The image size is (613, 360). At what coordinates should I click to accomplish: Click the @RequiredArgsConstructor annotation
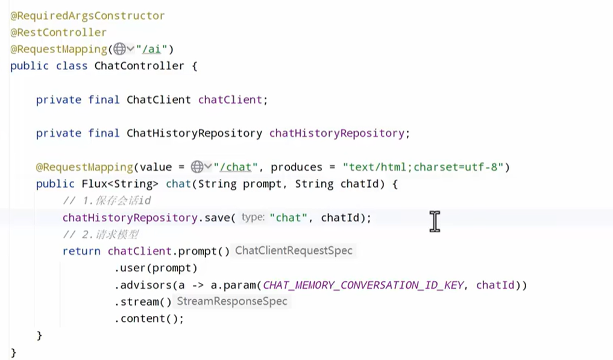pyautogui.click(x=87, y=16)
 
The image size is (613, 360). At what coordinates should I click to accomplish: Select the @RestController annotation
pyautogui.click(x=58, y=33)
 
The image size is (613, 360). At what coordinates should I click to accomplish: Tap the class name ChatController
pyautogui.click(x=139, y=66)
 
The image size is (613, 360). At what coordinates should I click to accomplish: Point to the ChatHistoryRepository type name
pyautogui.click(x=194, y=133)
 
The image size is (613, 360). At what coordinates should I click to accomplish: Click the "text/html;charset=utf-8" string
pyautogui.click(x=423, y=167)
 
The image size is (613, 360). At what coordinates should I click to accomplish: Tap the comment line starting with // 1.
pyautogui.click(x=106, y=201)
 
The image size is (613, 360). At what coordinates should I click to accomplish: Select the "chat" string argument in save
pyautogui.click(x=289, y=218)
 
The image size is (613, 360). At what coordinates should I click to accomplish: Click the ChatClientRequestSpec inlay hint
pyautogui.click(x=294, y=251)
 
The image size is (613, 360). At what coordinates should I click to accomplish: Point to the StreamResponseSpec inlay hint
pyautogui.click(x=232, y=302)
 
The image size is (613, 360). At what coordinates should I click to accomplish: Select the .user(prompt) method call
pyautogui.click(x=156, y=268)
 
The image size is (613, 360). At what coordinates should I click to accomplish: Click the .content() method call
pyautogui.click(x=149, y=318)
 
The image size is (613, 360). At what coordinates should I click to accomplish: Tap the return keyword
pyautogui.click(x=81, y=251)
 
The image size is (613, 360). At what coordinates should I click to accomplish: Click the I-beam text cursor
pyautogui.click(x=435, y=221)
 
